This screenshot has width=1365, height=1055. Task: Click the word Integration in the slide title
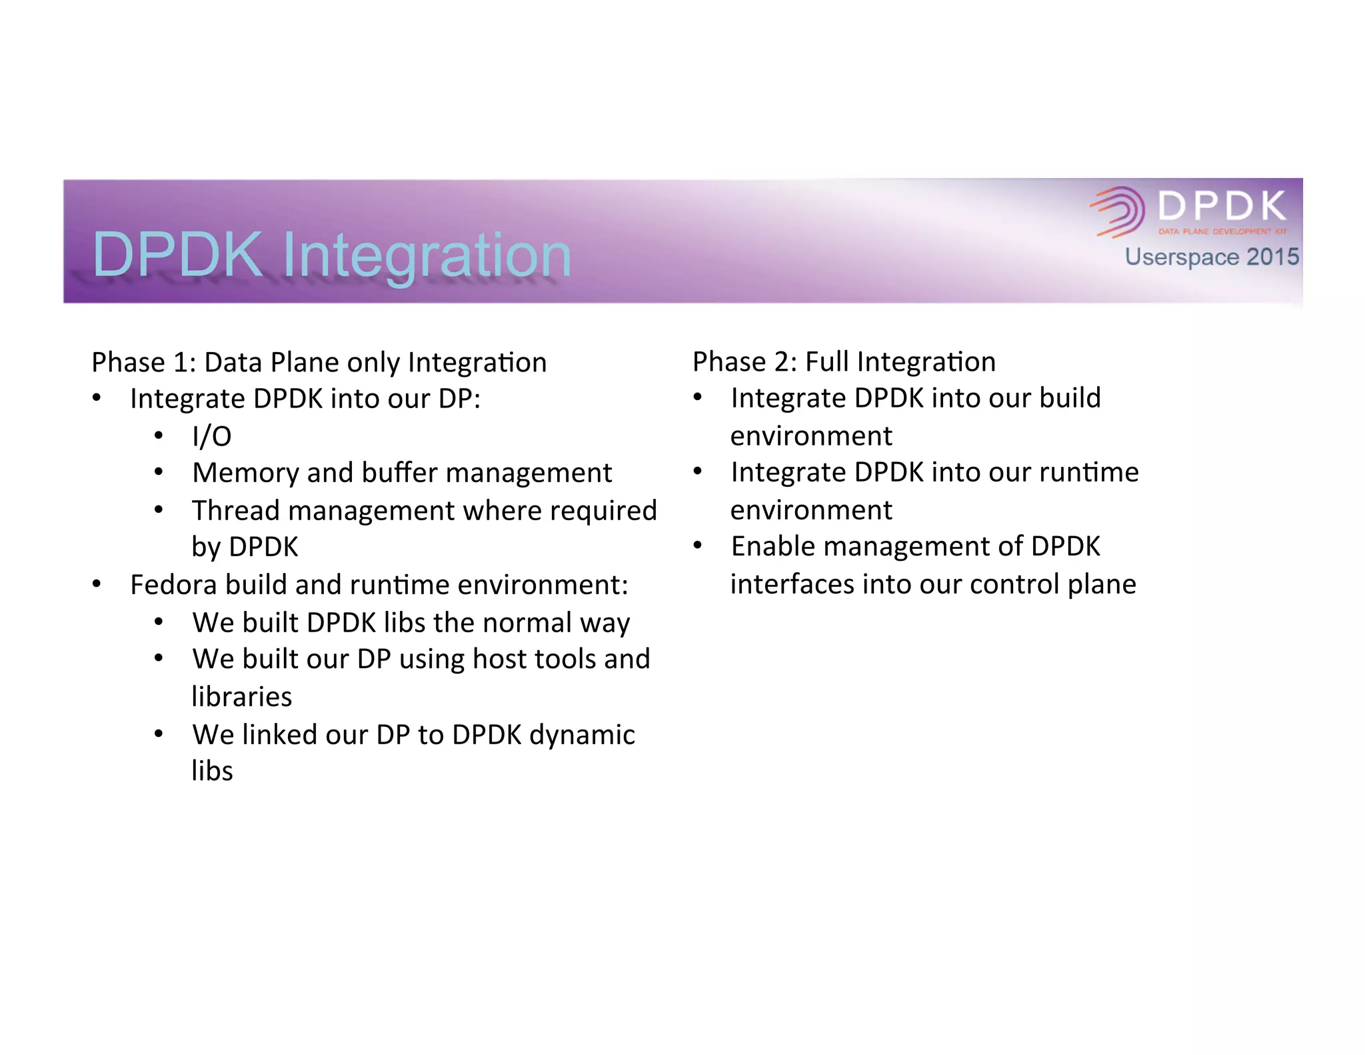[x=427, y=255]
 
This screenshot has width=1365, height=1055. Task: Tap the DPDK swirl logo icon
[x=1118, y=211]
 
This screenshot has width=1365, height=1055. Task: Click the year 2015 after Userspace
[x=1272, y=257]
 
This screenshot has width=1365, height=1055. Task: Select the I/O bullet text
[x=211, y=436]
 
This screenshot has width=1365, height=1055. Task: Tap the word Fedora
[x=173, y=585]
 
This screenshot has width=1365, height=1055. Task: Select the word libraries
[x=241, y=697]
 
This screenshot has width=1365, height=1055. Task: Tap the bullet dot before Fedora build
[x=97, y=585]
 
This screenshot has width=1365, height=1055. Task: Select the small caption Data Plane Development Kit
[x=1222, y=231]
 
